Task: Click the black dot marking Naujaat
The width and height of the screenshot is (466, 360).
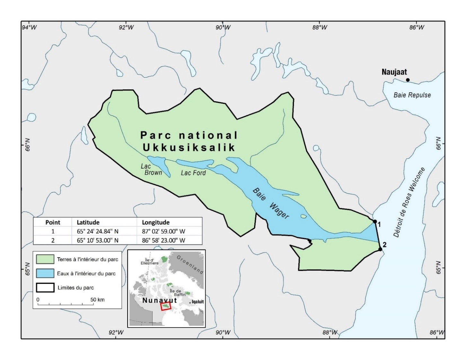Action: [408, 80]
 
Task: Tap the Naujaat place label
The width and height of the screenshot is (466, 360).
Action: [394, 72]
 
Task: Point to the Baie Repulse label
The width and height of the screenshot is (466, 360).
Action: [412, 95]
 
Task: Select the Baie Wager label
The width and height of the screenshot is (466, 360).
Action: [271, 204]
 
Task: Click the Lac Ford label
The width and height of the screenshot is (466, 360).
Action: [193, 173]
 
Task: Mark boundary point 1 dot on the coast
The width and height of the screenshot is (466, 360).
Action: [374, 221]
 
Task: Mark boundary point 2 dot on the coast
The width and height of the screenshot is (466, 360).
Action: [380, 249]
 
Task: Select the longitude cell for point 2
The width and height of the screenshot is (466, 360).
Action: [163, 240]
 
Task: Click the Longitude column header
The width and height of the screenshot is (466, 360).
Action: [156, 222]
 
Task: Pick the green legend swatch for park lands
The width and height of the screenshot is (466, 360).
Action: [45, 259]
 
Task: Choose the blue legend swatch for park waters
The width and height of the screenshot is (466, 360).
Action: [45, 273]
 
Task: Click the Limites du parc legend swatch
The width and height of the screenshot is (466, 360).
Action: [45, 287]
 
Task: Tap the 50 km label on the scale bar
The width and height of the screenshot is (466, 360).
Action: [97, 300]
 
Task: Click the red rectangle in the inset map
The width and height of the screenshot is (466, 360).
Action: [166, 307]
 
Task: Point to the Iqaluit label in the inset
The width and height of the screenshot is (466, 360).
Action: [197, 302]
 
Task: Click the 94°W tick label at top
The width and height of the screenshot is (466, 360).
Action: [29, 27]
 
